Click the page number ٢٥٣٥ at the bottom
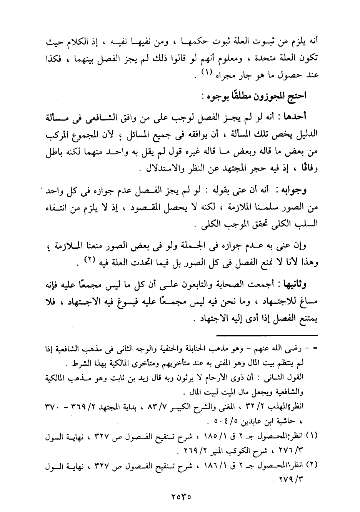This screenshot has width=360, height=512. coord(180,496)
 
